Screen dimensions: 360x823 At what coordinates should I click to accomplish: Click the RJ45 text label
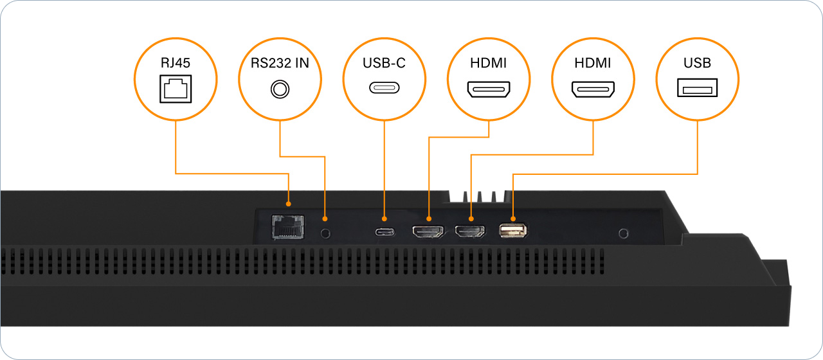pos(175,63)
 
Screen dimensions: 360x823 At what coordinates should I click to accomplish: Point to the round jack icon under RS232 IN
pos(280,89)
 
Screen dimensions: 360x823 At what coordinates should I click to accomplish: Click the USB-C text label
pos(384,63)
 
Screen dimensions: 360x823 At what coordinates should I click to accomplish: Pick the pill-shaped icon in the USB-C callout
pos(384,88)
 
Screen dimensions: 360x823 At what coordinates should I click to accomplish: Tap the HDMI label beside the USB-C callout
pos(489,63)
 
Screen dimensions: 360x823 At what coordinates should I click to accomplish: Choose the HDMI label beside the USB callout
pos(593,63)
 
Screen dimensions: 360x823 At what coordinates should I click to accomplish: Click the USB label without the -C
pos(698,63)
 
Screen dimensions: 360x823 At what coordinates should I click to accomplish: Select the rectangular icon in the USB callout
pos(698,88)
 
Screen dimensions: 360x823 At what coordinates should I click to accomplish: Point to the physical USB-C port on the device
pos(384,231)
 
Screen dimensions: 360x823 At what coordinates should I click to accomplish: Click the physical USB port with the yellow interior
pos(513,230)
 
